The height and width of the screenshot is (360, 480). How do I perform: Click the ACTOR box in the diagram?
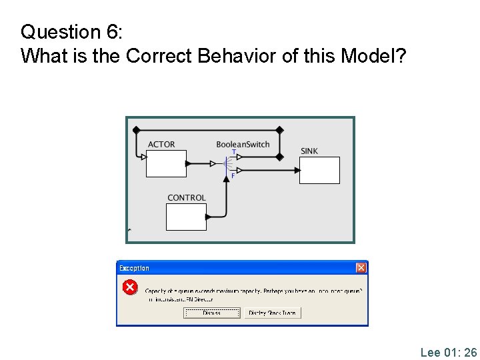(x=166, y=163)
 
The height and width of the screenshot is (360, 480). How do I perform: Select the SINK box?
(x=320, y=170)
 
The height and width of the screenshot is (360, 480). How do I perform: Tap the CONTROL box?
(x=186, y=217)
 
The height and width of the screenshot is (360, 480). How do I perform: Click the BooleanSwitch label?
(x=243, y=145)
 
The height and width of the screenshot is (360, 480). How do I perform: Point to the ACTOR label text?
(x=161, y=145)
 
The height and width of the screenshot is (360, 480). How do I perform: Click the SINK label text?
(x=309, y=151)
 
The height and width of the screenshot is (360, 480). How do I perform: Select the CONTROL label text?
(x=187, y=198)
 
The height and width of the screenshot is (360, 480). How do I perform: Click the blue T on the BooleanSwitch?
(x=233, y=152)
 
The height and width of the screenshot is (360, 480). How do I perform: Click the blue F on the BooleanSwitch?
(x=233, y=175)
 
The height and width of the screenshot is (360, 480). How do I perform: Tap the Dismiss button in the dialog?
(x=212, y=313)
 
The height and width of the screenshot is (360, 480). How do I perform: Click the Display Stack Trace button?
(x=273, y=313)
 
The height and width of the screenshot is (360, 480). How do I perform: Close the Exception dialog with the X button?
(x=361, y=268)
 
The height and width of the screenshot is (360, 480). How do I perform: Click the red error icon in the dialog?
(x=130, y=288)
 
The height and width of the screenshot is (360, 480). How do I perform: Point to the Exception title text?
(x=134, y=268)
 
